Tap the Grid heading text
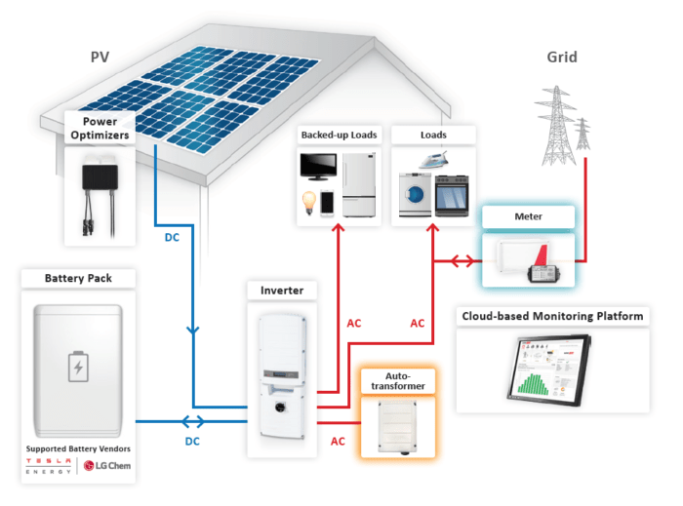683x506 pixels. tap(561, 58)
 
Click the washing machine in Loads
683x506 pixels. tap(415, 194)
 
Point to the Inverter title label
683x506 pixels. tap(283, 291)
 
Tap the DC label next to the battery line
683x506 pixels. tap(194, 442)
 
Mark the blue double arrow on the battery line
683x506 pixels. tap(193, 422)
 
